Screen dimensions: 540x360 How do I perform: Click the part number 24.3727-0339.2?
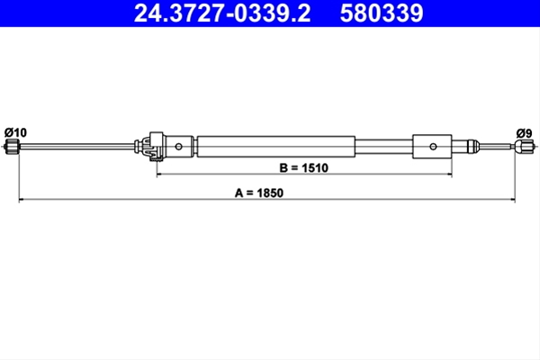pos(222,13)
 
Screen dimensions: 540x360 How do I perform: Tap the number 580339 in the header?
pos(382,13)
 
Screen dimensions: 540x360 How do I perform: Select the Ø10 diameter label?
pos(15,132)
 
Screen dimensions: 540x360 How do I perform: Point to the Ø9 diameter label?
pos(524,133)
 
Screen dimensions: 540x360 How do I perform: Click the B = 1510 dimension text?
pos(304,167)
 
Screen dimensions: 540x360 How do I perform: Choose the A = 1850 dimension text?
pos(259,193)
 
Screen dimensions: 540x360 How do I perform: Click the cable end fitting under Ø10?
pos(13,147)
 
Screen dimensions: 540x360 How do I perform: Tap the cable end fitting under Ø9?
pos(524,147)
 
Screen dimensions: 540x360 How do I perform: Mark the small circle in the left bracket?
pos(178,147)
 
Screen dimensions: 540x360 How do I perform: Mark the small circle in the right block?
pos(433,147)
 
